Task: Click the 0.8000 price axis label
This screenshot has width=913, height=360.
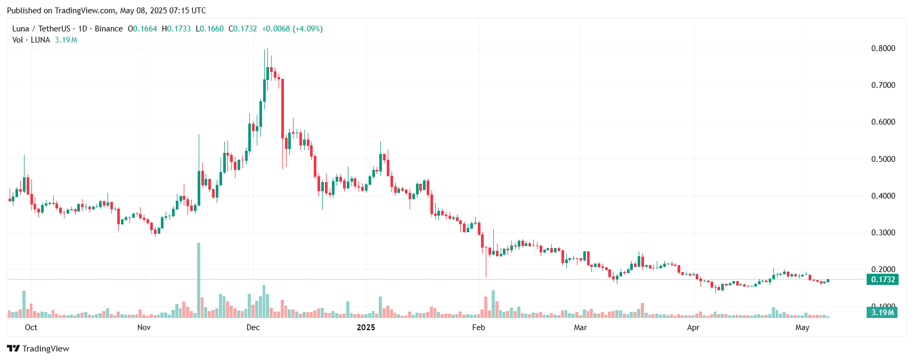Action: [883, 48]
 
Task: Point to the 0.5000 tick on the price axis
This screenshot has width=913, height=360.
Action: [883, 159]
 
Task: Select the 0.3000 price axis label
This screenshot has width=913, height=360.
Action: [883, 233]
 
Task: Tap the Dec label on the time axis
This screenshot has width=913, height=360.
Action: [253, 328]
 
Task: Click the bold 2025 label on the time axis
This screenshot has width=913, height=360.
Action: [366, 328]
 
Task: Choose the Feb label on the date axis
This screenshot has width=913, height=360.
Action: [478, 328]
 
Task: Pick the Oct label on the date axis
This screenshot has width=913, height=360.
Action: [31, 328]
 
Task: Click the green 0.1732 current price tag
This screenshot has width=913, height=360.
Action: [883, 280]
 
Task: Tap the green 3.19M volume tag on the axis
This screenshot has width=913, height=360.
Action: [882, 313]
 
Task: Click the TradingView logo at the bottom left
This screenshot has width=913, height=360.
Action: [38, 349]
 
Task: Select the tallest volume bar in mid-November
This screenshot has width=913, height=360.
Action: [199, 280]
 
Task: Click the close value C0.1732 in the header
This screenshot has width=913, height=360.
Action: [243, 29]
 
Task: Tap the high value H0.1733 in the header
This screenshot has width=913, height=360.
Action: [176, 29]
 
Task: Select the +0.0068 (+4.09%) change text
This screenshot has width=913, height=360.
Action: [292, 29]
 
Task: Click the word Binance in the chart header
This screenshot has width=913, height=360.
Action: [109, 29]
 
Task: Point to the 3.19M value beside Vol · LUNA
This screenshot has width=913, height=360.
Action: [66, 40]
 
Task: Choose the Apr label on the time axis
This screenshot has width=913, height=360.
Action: [693, 328]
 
